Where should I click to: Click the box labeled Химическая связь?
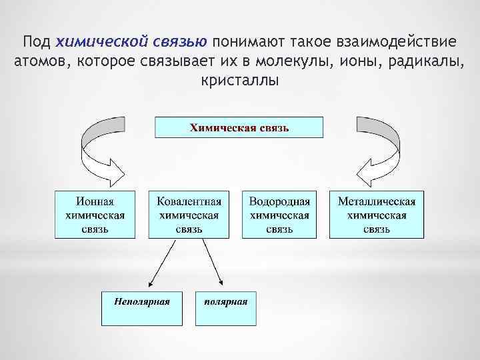click(239, 127)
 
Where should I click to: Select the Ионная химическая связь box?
click(94, 215)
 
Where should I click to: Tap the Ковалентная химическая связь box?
click(189, 215)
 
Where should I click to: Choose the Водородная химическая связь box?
click(279, 215)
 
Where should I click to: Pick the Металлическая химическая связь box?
click(377, 215)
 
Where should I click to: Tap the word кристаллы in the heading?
click(239, 81)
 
